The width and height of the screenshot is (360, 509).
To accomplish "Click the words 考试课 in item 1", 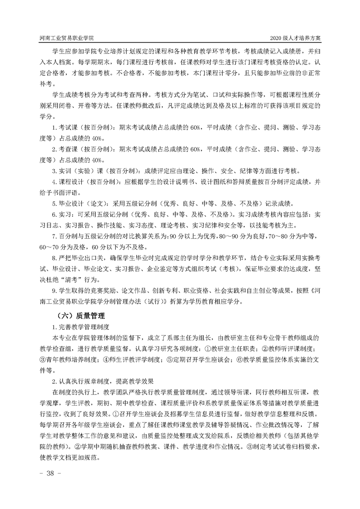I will point(66,128).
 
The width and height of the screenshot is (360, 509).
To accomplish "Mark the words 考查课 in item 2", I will point(66,150).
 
